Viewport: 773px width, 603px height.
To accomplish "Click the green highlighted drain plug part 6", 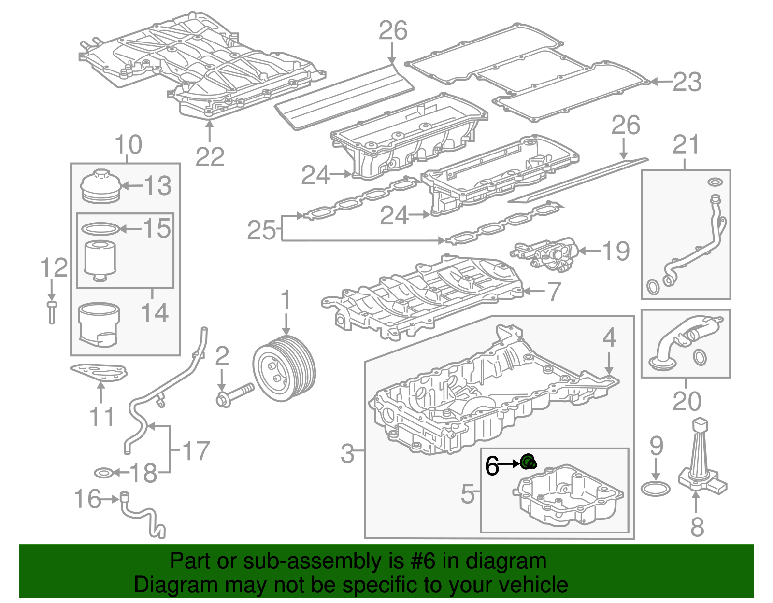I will pos(529,462).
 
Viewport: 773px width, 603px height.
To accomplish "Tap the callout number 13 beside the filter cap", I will pos(157,186).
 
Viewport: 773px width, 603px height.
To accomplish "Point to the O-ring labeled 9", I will pos(656,489).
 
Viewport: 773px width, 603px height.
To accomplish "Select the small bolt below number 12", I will pos(52,312).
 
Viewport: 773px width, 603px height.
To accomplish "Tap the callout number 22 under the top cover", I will pos(210,157).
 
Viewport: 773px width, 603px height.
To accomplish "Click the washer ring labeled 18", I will pos(103,472).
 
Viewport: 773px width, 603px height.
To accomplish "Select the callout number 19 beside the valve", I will pos(616,251).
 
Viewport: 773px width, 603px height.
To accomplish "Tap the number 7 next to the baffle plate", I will pos(554,291).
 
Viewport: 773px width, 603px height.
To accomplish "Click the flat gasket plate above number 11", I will pos(100,373).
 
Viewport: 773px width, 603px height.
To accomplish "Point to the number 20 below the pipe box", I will pos(687,401).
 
